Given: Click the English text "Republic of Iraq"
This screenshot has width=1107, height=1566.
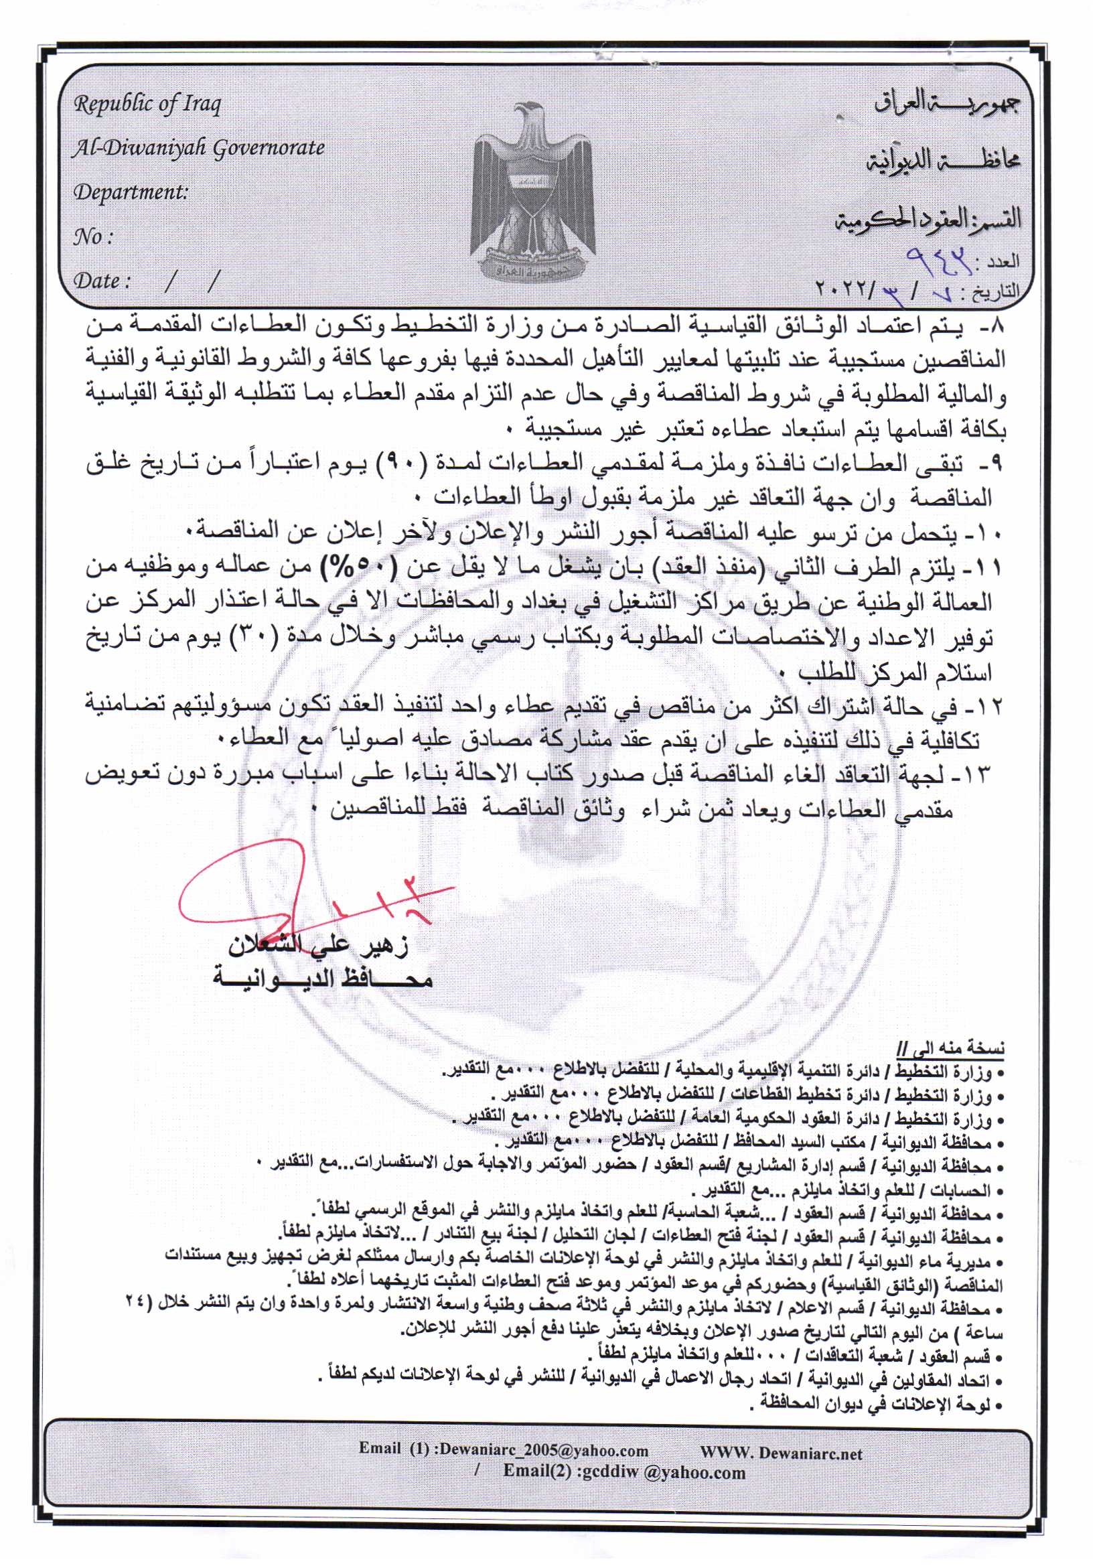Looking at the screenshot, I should pyautogui.click(x=147, y=104).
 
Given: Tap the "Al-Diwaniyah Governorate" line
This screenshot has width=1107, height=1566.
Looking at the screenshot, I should pyautogui.click(x=198, y=148).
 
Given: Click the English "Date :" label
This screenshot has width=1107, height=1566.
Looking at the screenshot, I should pyautogui.click(x=102, y=281).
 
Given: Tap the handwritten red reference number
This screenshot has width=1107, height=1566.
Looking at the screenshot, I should pyautogui.click(x=938, y=258).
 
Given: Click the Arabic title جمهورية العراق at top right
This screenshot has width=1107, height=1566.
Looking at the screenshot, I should pyautogui.click(x=947, y=106).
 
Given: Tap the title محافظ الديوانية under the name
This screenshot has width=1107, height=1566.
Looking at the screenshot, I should pyautogui.click(x=322, y=980).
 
